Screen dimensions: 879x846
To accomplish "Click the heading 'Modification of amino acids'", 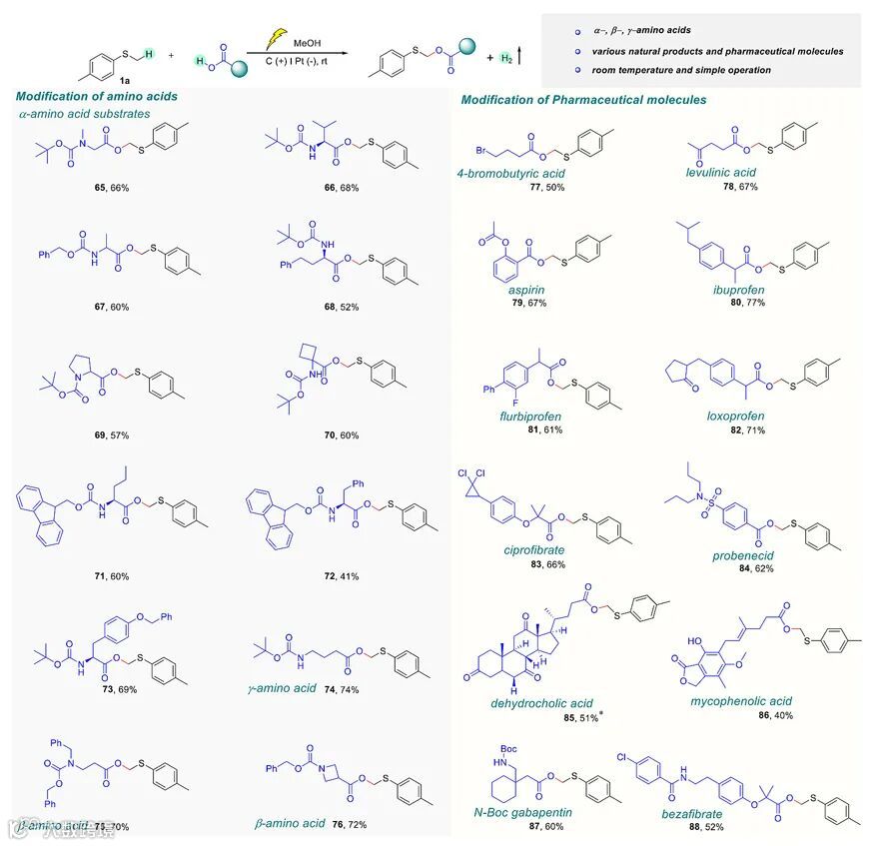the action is click(x=97, y=97).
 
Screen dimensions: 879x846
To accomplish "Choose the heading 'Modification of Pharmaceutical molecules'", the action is click(x=583, y=100).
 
